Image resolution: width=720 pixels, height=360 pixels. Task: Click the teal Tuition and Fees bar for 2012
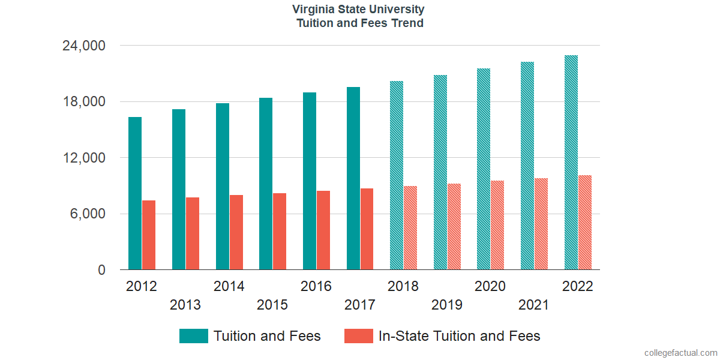[x=135, y=193]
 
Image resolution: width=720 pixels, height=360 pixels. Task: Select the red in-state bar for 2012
[x=149, y=235]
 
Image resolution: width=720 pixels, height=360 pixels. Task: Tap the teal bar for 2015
[x=266, y=184]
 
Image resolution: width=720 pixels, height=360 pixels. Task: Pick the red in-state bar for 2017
[x=367, y=229]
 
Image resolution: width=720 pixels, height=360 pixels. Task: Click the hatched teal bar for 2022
[x=571, y=163]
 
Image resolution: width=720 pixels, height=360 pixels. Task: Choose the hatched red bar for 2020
[x=497, y=225]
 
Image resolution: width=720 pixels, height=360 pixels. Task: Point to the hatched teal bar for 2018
[x=397, y=175]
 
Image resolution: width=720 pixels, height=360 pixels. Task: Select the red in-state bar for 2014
[x=236, y=232]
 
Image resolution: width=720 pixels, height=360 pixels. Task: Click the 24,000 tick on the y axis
[x=85, y=46]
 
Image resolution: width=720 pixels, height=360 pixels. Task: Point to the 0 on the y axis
[x=102, y=270]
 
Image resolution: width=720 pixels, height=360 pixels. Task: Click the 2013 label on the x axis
[x=185, y=305]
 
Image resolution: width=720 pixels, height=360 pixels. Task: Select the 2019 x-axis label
[x=447, y=305]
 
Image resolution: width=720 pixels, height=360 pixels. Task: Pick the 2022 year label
[x=577, y=286]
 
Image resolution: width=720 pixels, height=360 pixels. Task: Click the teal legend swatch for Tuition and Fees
[x=194, y=336]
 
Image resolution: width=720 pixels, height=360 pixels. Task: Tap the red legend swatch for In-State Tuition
[x=359, y=336]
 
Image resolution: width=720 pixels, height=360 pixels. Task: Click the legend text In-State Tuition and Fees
[x=459, y=336]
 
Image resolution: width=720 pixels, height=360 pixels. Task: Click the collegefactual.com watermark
[x=680, y=353]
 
